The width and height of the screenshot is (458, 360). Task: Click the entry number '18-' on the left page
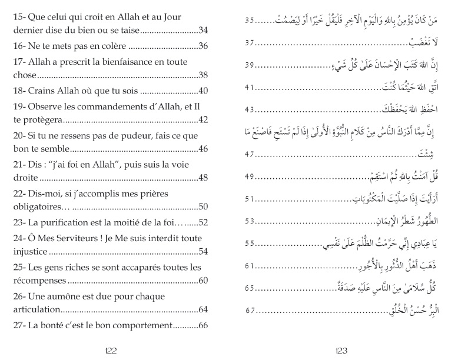coord(20,91)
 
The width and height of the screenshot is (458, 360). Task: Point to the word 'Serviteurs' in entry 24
coord(77,238)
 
